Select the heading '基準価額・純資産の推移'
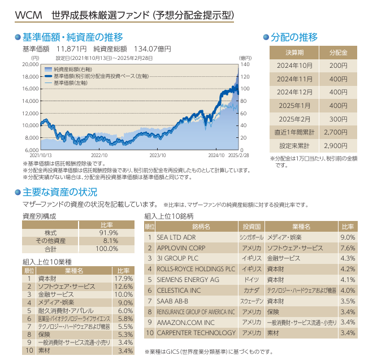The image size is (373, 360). [72, 37]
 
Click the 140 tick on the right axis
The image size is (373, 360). [244, 64]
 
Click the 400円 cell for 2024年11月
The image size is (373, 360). [338, 79]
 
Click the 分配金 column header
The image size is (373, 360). [338, 53]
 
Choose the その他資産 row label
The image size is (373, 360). [50, 241]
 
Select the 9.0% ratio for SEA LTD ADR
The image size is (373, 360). [348, 237]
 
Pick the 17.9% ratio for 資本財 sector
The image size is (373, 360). [124, 279]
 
